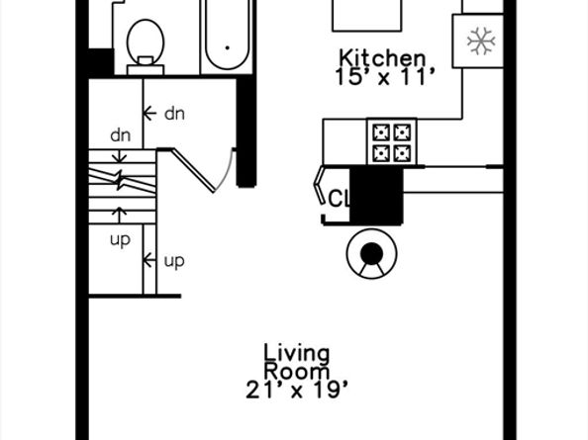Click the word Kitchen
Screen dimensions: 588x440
click(x=382, y=58)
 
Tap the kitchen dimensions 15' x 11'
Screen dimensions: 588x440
click(x=385, y=77)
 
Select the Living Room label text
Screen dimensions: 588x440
click(x=297, y=362)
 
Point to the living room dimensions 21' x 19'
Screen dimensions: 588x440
click(x=297, y=390)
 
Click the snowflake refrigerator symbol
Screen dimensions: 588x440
click(x=481, y=41)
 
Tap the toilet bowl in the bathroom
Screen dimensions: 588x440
click(x=146, y=42)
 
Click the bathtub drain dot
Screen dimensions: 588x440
click(x=227, y=47)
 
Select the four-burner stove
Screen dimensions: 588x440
click(x=392, y=141)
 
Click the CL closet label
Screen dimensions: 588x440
click(x=339, y=199)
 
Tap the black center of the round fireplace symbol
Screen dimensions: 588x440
click(x=371, y=253)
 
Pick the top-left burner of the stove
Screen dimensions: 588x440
click(x=381, y=132)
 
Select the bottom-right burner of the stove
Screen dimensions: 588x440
click(x=402, y=153)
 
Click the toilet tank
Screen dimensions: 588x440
click(x=146, y=69)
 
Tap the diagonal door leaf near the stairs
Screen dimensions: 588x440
click(x=193, y=170)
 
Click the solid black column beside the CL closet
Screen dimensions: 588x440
click(x=376, y=195)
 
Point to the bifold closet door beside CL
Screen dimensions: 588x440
click(x=319, y=184)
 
